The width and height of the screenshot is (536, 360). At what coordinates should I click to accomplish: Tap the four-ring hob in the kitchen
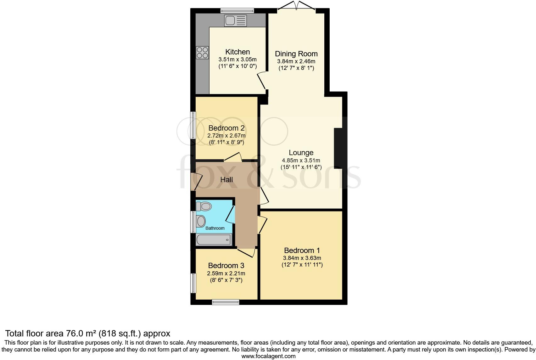[x=202, y=53]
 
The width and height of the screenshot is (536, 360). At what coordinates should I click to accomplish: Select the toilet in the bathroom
[x=204, y=206]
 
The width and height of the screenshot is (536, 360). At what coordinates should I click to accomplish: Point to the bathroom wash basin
[x=200, y=221]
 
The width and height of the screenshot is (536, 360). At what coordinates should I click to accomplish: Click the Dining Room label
[x=296, y=54]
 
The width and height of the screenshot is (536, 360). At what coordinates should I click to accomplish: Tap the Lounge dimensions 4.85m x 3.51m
[x=301, y=160]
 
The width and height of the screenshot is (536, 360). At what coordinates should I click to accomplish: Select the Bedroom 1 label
[x=302, y=250]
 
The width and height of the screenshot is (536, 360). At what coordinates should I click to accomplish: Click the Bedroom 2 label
[x=226, y=128]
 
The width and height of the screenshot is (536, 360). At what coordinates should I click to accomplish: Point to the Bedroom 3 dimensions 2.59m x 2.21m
[x=226, y=273]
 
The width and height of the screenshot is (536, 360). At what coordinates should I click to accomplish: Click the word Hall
[x=226, y=180]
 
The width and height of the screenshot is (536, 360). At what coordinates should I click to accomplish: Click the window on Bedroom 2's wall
[x=193, y=125]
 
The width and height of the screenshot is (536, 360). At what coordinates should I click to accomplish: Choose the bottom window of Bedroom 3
[x=226, y=302]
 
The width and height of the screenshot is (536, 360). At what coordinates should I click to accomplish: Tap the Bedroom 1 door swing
[x=263, y=225]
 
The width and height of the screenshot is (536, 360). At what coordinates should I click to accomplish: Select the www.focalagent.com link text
[x=268, y=356]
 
